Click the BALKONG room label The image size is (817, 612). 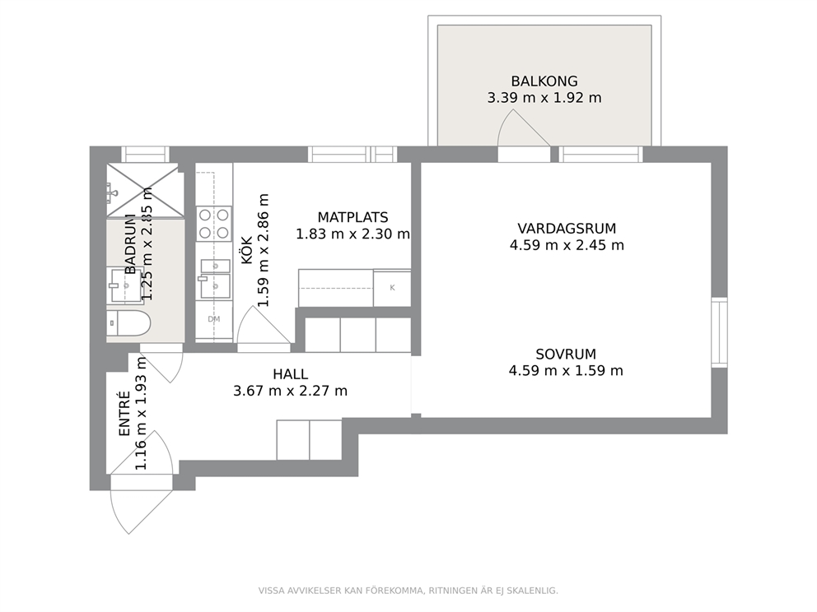(544, 81)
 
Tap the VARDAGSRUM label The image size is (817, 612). (567, 229)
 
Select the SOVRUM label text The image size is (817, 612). (566, 355)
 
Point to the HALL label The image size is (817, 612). (290, 374)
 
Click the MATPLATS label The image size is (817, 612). (352, 217)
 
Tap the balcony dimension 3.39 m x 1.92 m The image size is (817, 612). (544, 98)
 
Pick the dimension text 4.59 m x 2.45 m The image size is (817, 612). (567, 245)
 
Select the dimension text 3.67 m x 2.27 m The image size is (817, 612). (290, 391)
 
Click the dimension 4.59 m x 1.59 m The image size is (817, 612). (566, 370)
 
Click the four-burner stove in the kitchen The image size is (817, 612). (213, 224)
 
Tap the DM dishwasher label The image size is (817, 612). (213, 319)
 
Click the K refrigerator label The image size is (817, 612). (392, 288)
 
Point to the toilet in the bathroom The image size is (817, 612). (128, 323)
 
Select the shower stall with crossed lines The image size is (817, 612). (146, 190)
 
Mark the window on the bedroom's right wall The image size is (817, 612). (719, 332)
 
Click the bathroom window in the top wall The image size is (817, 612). (146, 155)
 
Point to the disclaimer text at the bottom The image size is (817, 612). (408, 591)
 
